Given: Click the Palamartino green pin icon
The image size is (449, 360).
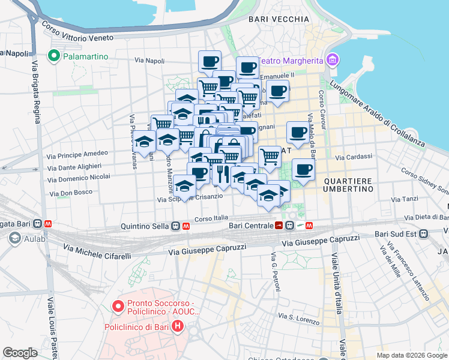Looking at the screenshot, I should tap(54, 56).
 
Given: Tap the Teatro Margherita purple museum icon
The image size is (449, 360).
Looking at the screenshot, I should tap(331, 59).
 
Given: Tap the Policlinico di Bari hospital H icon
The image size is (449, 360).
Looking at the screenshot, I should tap(178, 327).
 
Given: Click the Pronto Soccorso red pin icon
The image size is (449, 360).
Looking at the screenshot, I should tap(118, 307).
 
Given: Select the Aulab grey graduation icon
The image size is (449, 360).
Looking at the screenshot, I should tap(14, 239).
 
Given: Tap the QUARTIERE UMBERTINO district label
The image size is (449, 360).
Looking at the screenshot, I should tap(349, 184).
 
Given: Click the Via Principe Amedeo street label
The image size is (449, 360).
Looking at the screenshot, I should tap(76, 154).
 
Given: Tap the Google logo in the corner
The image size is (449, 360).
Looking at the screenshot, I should tap(20, 353).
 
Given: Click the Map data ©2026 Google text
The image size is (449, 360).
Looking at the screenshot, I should tap(412, 355).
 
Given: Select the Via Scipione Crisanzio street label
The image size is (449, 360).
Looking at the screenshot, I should tap(190, 197).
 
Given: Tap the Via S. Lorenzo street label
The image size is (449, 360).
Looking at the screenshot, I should tap(298, 318).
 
